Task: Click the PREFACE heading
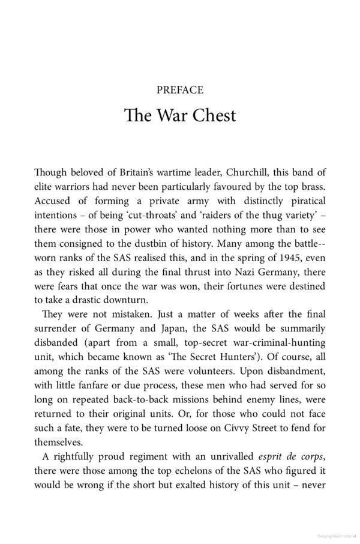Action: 179,90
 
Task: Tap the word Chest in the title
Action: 212,115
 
